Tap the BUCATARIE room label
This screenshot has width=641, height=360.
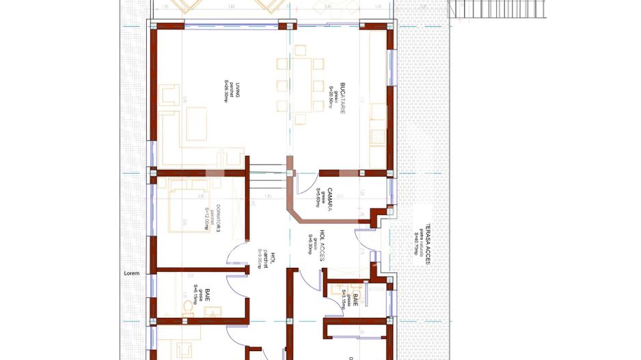(x=342, y=98)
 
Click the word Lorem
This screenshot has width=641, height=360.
(x=131, y=273)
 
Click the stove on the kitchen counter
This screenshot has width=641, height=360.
(x=377, y=137)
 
